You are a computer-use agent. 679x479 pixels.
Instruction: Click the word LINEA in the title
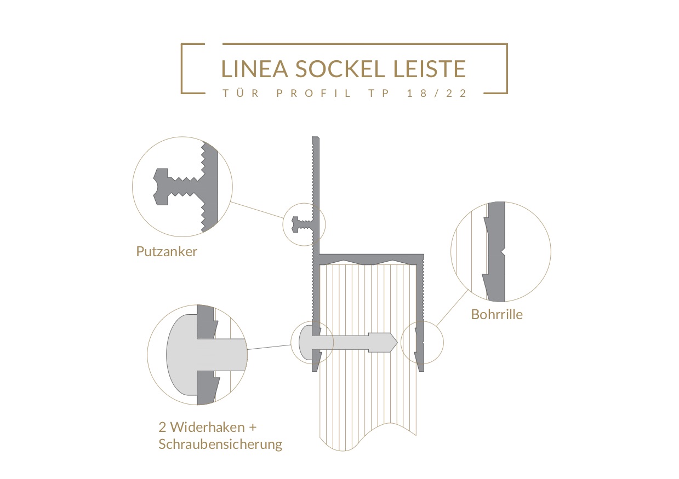coord(255,69)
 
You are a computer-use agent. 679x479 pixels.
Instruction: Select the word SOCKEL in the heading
coord(340,69)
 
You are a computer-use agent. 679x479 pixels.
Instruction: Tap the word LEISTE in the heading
coord(429,69)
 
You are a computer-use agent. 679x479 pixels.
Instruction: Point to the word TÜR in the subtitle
coord(241,93)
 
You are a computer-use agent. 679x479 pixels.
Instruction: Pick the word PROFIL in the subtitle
coord(313,93)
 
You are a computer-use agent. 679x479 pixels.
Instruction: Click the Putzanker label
coord(167,251)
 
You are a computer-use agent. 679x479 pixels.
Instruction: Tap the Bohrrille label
coord(497,314)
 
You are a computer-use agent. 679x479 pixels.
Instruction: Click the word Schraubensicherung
coord(220,445)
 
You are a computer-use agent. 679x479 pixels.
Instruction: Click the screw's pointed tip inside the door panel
coord(396,343)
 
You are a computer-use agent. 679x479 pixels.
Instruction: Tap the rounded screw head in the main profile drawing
coord(305,343)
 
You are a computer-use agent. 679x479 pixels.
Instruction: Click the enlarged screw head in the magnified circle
coord(182,355)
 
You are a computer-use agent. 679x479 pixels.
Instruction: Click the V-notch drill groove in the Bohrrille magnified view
coord(503,252)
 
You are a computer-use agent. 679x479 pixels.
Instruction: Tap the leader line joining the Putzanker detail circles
coord(257,210)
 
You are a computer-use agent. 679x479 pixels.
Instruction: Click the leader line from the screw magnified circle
coord(269,347)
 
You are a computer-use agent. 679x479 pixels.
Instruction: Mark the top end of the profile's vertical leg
coord(316,137)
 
